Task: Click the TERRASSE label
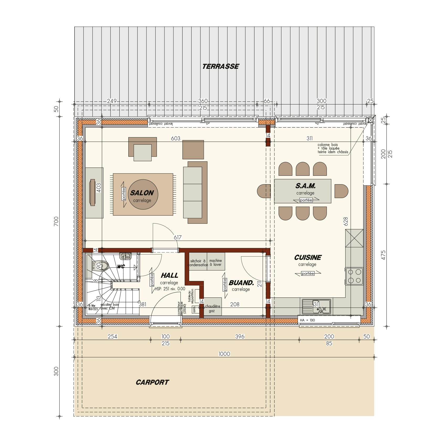[x=220, y=66]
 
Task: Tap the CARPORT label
[x=152, y=382]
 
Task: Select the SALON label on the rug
[x=142, y=193]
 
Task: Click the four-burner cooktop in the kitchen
[x=354, y=276]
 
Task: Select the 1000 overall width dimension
[x=224, y=354]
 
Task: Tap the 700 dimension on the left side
[x=56, y=221]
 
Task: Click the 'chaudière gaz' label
[x=212, y=309]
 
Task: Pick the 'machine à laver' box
[x=216, y=262]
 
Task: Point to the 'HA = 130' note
[x=307, y=320]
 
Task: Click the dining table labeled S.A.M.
[x=302, y=191]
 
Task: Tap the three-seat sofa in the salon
[x=193, y=192]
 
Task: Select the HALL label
[x=169, y=275]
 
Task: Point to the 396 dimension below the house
[x=240, y=336]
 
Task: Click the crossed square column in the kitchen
[x=354, y=238]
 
